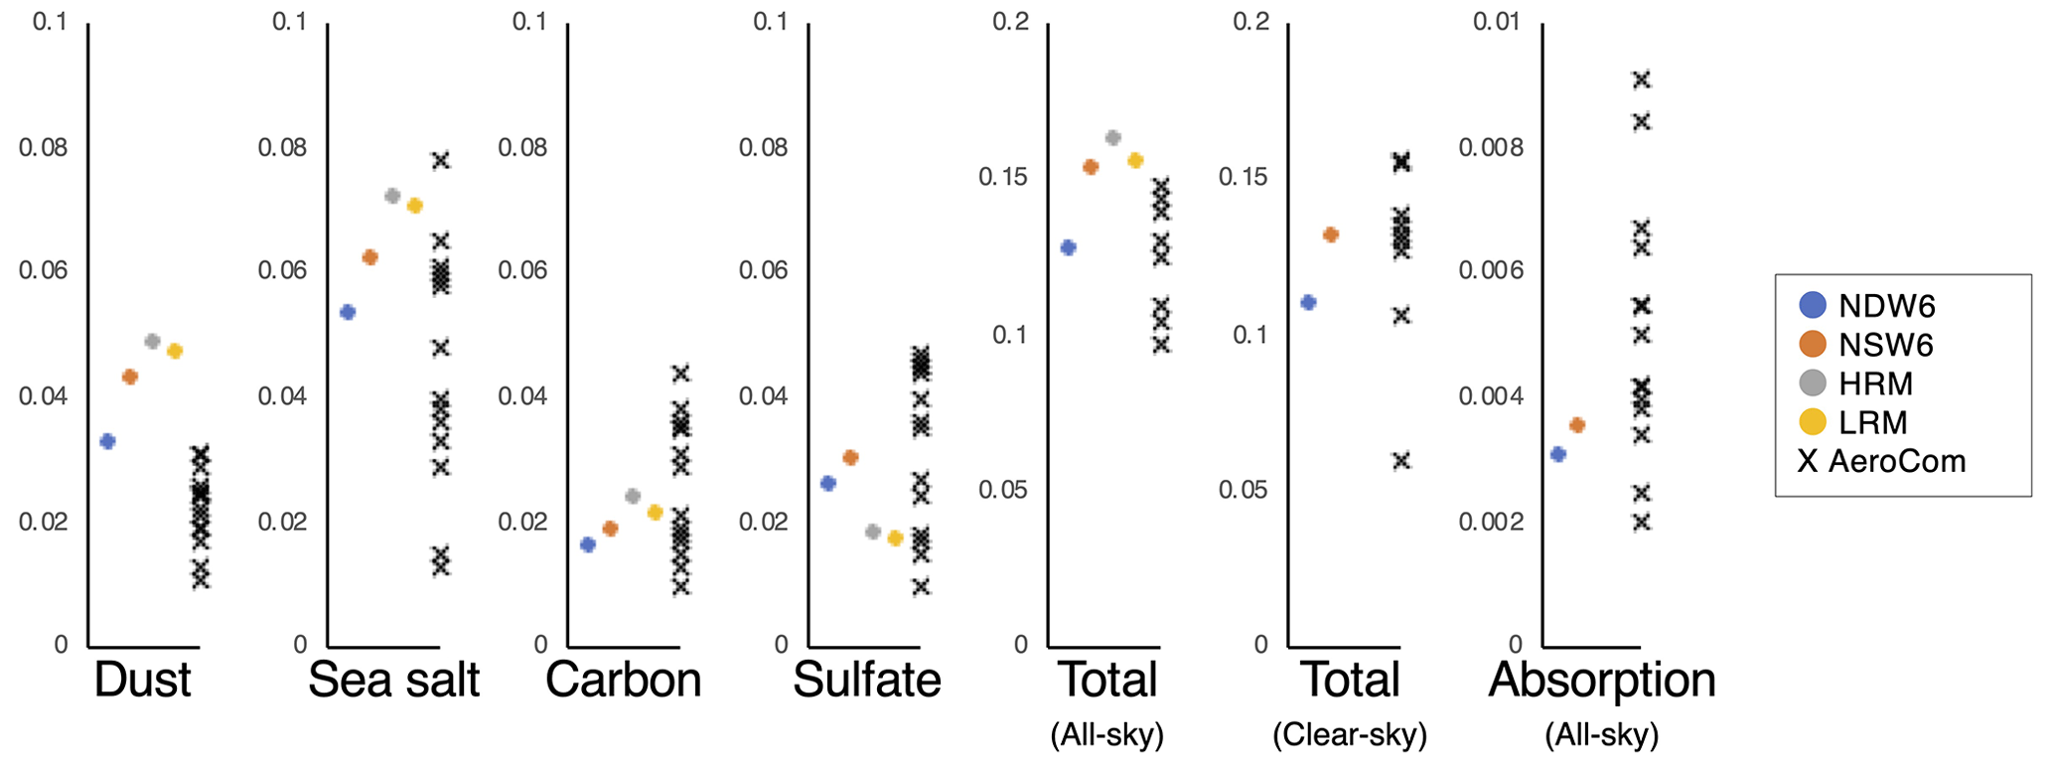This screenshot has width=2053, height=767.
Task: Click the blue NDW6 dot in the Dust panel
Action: tap(107, 441)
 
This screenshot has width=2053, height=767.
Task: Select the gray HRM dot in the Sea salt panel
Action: tap(392, 196)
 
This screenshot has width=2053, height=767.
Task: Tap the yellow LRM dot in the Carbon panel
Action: tap(655, 513)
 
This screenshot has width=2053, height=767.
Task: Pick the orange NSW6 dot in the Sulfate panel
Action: tap(850, 458)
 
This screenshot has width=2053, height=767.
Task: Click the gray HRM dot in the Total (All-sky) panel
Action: tap(1112, 138)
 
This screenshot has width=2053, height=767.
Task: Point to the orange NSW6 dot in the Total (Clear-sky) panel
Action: tap(1331, 234)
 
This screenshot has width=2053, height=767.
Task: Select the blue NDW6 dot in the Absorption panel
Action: tap(1558, 454)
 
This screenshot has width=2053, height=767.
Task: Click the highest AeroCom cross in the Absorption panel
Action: tap(1642, 79)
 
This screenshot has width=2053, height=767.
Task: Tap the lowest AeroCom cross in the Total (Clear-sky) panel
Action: tap(1401, 461)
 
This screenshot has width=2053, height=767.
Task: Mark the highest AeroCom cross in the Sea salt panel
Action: tap(441, 160)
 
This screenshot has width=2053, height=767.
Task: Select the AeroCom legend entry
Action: tap(1881, 461)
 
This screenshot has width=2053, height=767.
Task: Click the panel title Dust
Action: tap(142, 681)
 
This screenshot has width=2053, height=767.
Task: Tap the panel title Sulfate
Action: tap(866, 681)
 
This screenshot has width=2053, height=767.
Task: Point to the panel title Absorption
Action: tap(1601, 681)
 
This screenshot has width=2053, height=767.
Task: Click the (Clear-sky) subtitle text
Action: tap(1349, 735)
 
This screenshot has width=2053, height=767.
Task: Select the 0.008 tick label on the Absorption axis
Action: tap(1490, 148)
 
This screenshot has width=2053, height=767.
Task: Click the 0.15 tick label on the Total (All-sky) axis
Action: tap(1004, 177)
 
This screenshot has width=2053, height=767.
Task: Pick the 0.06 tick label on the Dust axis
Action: tap(44, 271)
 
